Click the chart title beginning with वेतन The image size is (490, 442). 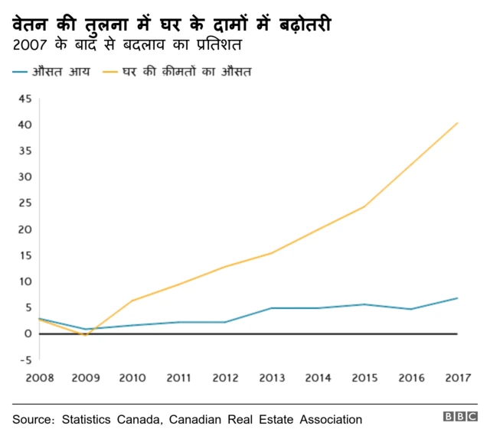click(x=171, y=25)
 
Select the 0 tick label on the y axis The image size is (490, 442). click(x=28, y=333)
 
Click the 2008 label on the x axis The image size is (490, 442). click(x=39, y=378)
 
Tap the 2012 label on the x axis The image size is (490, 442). click(x=225, y=378)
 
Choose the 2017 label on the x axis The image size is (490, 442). click(x=458, y=378)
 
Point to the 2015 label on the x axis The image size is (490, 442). click(x=364, y=378)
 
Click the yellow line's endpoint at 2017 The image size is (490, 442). click(x=458, y=122)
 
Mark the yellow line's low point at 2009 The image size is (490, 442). click(x=85, y=336)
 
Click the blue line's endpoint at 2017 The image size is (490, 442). click(x=458, y=297)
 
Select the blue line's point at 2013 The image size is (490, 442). click(x=272, y=308)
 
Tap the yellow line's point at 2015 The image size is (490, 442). click(x=364, y=206)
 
